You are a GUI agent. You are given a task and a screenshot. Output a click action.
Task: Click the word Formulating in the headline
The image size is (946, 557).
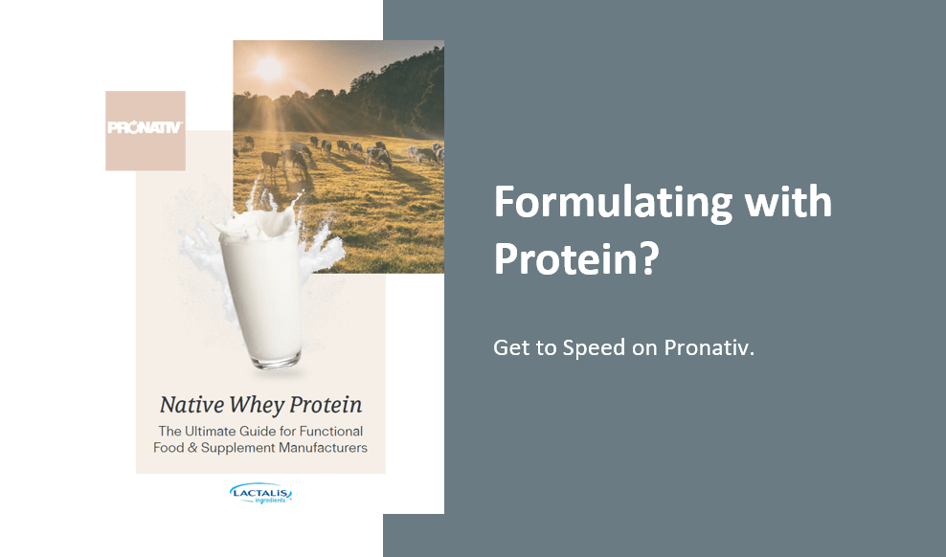613,203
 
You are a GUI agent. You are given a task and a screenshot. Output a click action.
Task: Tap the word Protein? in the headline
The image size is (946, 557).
576,258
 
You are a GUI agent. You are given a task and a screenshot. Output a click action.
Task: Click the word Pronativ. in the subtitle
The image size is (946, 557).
709,347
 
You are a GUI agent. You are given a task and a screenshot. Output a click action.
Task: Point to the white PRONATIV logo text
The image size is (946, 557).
145,127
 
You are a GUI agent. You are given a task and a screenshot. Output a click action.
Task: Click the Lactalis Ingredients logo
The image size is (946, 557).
260,493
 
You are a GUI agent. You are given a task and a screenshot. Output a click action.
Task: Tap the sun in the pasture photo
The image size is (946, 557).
269,69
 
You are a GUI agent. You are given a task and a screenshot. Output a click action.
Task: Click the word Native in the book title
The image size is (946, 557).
191,405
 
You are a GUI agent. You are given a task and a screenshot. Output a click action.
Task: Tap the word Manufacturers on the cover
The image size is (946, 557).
324,447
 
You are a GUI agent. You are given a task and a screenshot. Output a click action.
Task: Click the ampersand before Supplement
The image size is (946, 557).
192,448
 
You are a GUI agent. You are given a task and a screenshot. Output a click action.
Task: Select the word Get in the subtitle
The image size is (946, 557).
508,347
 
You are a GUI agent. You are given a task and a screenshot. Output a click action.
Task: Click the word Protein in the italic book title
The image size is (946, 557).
326,405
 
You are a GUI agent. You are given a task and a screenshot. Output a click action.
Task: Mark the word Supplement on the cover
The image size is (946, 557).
237,448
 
